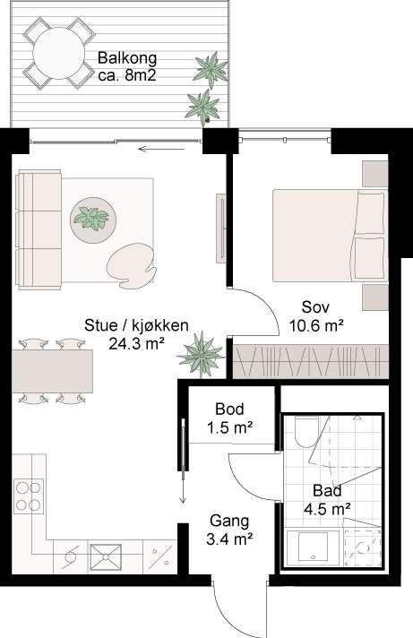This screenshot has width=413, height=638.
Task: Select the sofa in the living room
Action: tap(37, 229)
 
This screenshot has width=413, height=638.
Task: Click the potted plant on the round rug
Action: tap(91, 217)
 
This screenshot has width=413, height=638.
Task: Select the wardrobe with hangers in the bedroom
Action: tap(310, 361)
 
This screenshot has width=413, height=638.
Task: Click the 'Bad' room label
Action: tap(325, 490)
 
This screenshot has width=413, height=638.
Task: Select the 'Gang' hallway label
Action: tap(229, 521)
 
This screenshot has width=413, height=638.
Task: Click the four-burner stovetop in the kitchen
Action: tap(28, 498)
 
